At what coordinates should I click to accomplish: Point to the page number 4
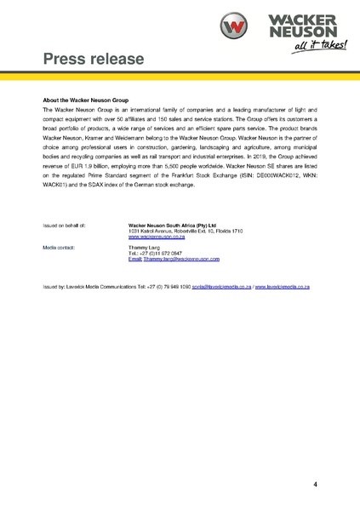(x=316, y=484)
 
